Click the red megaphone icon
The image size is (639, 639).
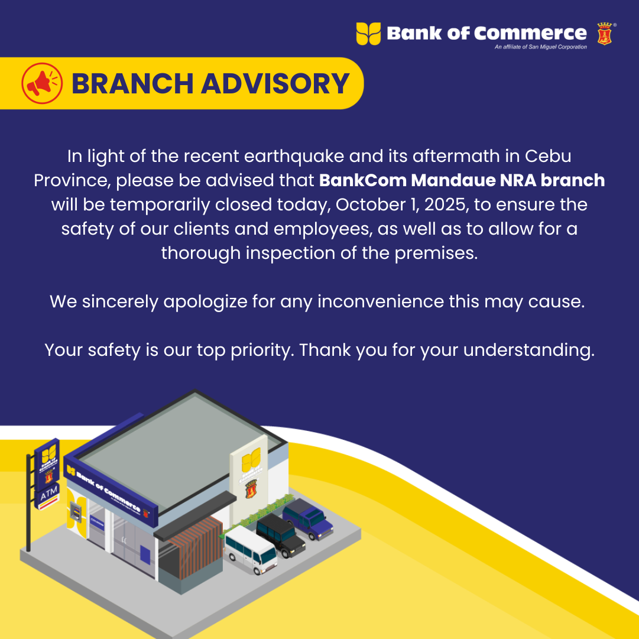point(42,83)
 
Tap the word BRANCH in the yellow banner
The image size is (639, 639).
point(132,84)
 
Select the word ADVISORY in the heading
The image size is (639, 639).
point(275,84)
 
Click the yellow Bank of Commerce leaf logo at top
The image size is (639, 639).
point(368,34)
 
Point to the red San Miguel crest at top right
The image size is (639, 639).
point(604,34)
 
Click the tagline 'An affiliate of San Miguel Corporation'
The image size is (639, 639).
point(541,47)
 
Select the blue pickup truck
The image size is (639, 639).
point(308,519)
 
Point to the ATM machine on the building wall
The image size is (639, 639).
point(74,512)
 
